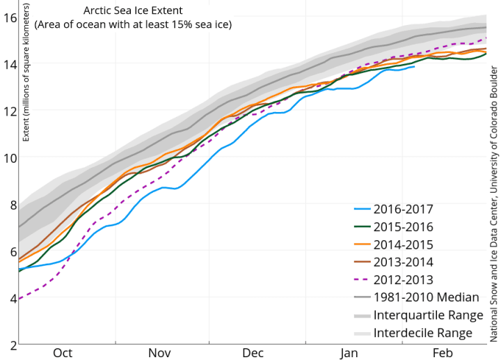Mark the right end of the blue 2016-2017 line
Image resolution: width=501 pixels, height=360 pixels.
point(415,66)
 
